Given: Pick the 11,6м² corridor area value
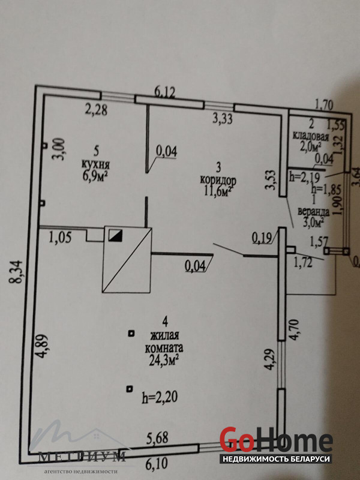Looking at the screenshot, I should pos(217,190).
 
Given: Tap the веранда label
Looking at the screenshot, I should pos(311,211).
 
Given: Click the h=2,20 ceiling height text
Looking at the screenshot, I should pos(160,396).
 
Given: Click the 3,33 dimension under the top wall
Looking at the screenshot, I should pos(223,119).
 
